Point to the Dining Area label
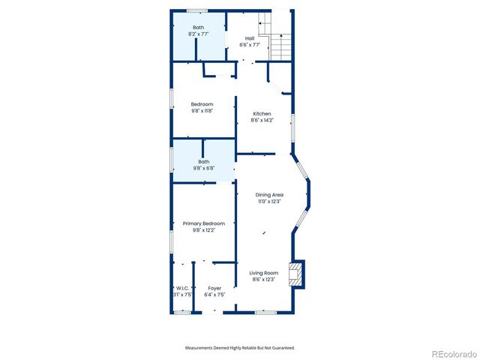point(269,195)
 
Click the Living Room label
point(264,273)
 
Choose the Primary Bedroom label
point(204,223)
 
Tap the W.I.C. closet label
point(183,288)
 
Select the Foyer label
point(214,288)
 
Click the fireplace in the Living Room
point(298,274)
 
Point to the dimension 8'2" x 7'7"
point(198,34)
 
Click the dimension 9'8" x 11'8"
point(202,111)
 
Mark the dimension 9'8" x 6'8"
point(204,168)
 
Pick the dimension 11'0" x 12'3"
point(269,201)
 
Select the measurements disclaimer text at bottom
point(240,347)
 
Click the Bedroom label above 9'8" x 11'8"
point(202,104)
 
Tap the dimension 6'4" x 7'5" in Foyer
point(214,295)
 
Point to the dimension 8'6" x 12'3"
point(264,279)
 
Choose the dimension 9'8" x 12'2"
point(204,230)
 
